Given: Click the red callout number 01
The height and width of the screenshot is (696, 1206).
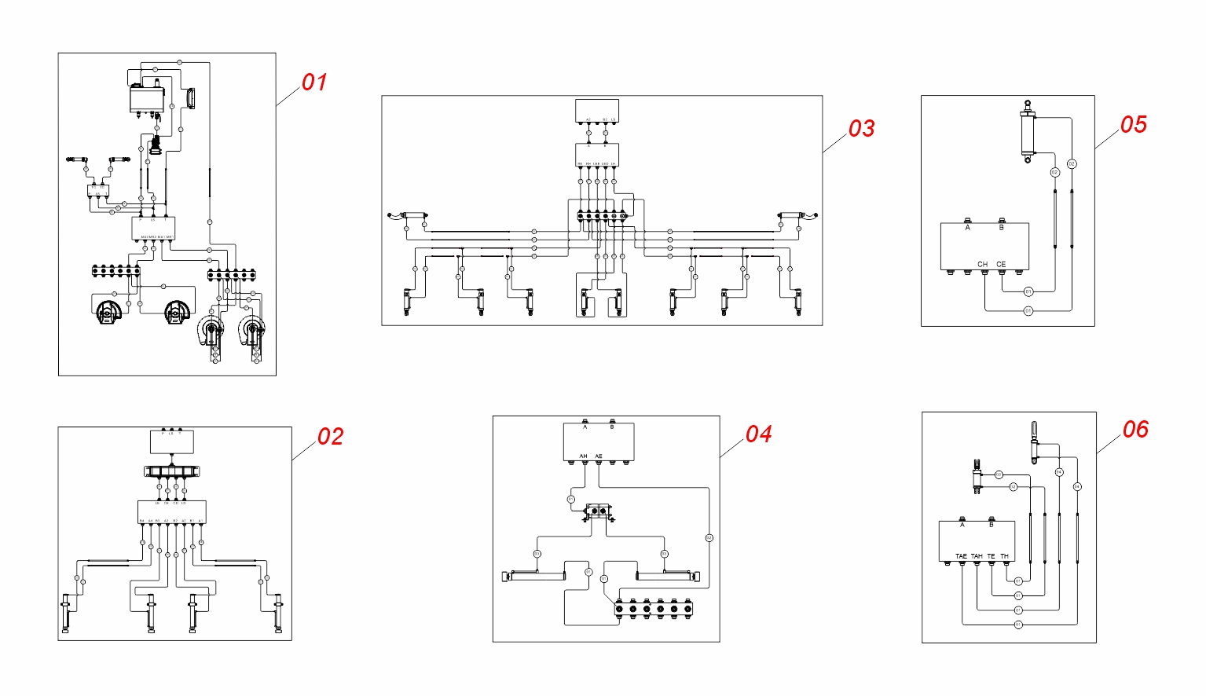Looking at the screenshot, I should pos(314,82).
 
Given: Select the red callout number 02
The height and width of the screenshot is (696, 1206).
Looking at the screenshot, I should pos(330,437).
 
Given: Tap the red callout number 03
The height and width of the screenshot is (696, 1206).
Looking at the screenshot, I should pos(861,129).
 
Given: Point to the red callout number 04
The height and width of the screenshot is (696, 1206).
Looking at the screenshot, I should pos(758,434).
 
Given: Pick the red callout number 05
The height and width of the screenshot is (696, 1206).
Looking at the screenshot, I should pos(1133,125).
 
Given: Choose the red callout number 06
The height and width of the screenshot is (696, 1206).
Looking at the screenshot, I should pos(1135,430).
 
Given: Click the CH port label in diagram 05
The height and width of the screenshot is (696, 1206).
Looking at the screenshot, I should pos(982,265).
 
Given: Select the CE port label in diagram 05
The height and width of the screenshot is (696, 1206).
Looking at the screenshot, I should pos(1001,265).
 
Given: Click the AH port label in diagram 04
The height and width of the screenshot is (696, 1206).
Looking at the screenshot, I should pos(583,456).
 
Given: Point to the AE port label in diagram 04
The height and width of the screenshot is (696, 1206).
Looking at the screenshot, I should pos(599,456).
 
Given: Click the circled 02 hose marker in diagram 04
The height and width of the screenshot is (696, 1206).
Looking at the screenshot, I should pos(709,538).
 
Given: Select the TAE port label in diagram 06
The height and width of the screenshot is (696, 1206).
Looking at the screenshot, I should pos(961,556).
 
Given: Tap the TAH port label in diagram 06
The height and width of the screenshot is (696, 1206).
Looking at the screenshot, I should pos(977,556).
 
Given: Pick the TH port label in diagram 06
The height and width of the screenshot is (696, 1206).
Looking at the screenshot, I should pos(1004,556).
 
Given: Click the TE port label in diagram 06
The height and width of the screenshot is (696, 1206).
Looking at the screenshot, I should pos(991,556).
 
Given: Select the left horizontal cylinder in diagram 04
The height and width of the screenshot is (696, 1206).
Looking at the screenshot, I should pos(534,576).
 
